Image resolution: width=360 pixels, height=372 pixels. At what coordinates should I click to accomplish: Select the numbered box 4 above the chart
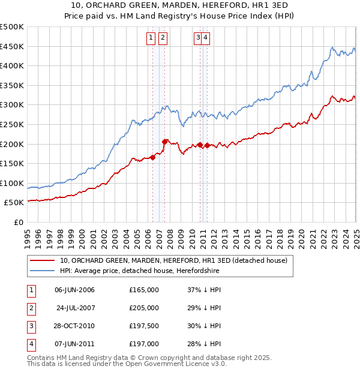click(x=205, y=37)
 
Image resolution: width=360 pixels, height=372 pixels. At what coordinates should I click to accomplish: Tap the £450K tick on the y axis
click(x=12, y=46)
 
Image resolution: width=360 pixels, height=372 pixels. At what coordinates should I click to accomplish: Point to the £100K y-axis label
click(x=12, y=183)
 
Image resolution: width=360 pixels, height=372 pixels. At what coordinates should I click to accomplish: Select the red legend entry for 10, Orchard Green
click(x=174, y=260)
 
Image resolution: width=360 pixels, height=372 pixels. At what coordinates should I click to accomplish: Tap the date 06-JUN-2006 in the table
click(x=74, y=290)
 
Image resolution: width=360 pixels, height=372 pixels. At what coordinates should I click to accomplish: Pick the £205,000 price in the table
click(x=144, y=308)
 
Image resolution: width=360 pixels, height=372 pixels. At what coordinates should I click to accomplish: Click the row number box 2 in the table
click(x=31, y=308)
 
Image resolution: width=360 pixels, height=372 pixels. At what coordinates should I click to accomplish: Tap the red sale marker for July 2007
click(x=164, y=142)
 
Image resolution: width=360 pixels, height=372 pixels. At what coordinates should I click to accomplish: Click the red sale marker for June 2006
click(x=152, y=157)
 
